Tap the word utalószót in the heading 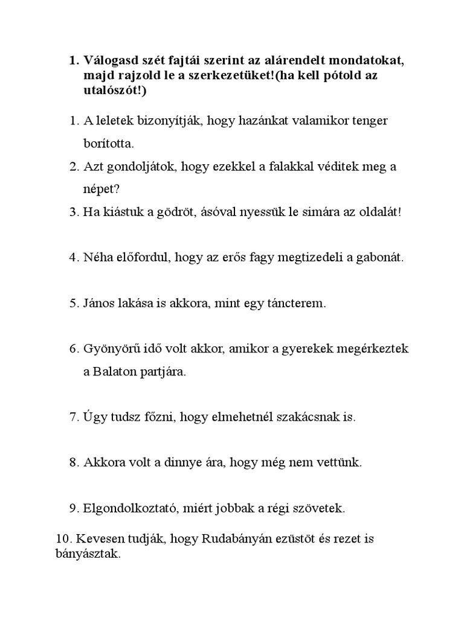click(110, 90)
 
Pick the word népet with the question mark click(102, 189)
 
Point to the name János click(101, 304)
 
